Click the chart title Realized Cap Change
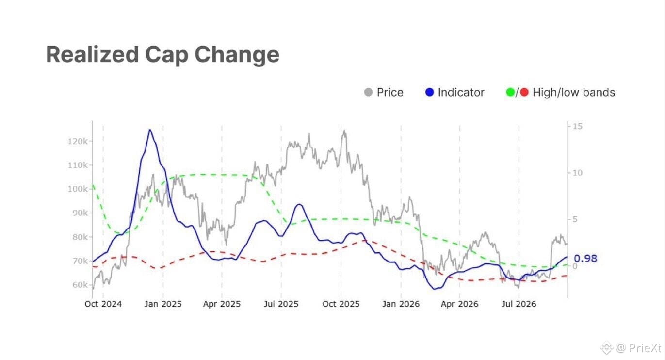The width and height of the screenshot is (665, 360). (162, 55)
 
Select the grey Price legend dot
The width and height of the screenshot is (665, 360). (368, 92)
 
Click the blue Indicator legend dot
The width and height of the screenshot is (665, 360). (429, 92)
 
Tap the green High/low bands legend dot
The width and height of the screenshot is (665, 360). (510, 92)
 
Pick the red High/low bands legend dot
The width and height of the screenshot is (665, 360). (524, 92)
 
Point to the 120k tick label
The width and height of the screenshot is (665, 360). (78, 141)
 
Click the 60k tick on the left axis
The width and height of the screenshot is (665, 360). (80, 285)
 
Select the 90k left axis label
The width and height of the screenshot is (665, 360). (80, 213)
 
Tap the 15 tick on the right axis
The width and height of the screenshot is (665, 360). (577, 126)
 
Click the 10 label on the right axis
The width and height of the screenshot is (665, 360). (577, 173)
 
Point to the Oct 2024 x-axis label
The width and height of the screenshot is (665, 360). (103, 304)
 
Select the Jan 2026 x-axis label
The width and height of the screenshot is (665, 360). (401, 304)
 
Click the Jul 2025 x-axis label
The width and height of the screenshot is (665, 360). (281, 304)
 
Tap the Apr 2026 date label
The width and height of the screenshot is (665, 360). (459, 304)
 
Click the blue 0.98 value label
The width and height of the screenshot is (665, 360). (585, 259)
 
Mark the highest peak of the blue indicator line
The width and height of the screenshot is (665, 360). (150, 130)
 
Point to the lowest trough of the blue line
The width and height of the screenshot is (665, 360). (434, 289)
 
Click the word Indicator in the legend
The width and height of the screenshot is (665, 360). (461, 92)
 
